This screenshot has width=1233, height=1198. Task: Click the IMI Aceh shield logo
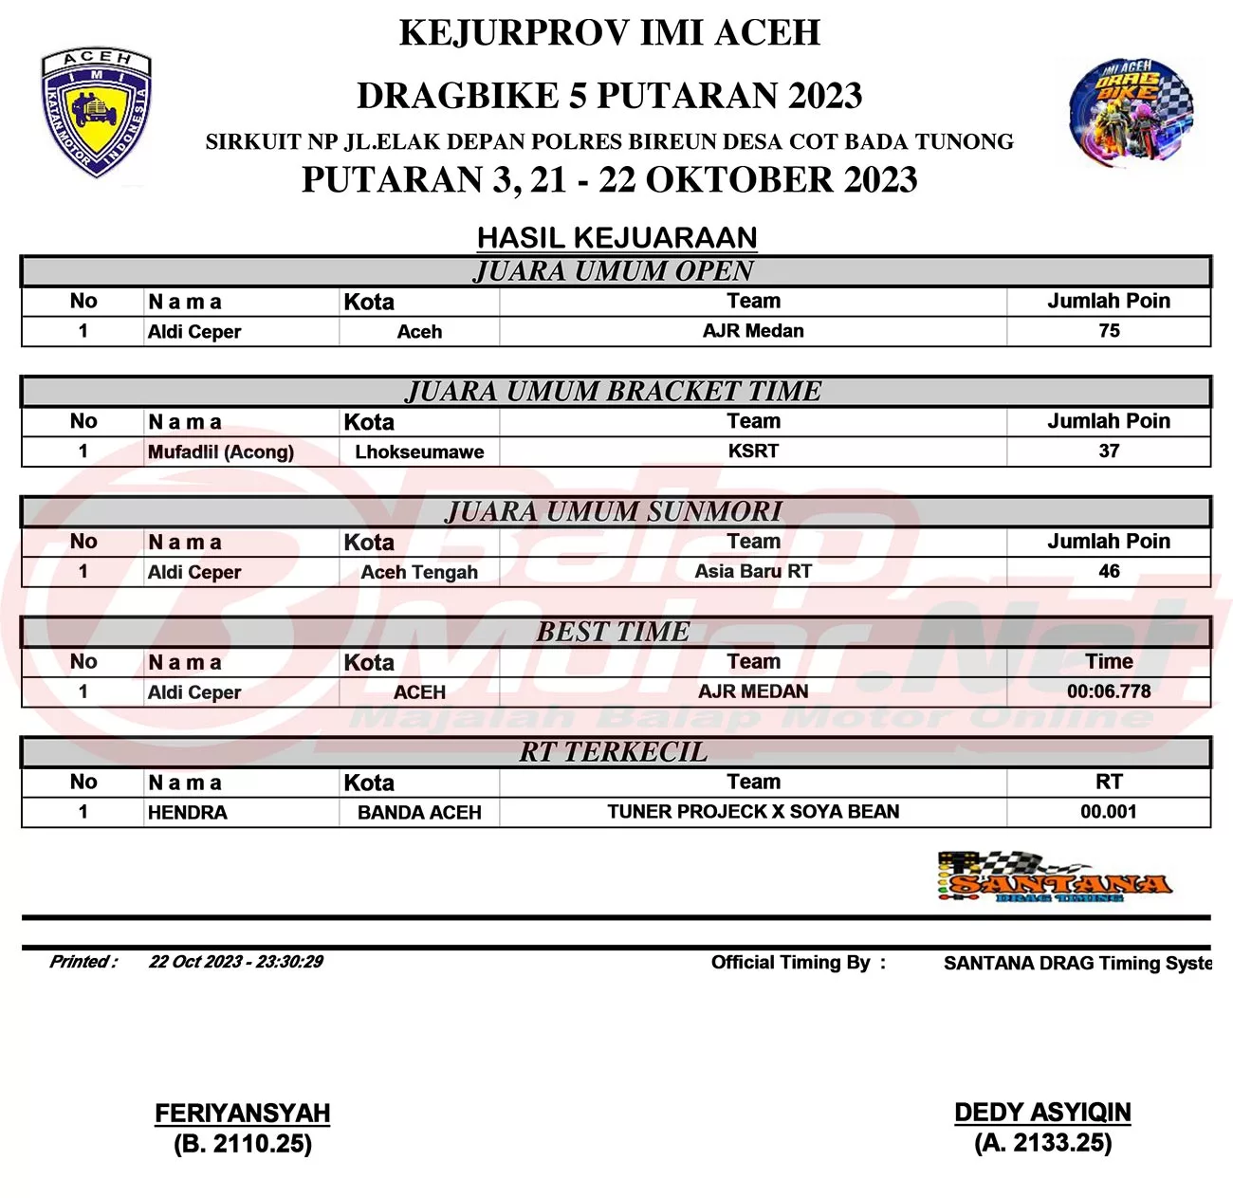point(96,112)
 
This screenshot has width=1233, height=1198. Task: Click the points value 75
point(1109,331)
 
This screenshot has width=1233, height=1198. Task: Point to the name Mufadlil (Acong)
point(221,452)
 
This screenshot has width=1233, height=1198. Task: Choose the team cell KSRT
point(753,452)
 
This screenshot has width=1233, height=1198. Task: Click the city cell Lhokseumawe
point(419,452)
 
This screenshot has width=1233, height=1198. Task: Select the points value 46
point(1109,572)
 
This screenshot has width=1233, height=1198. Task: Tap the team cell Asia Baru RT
point(753,572)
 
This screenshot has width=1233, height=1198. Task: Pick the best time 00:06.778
point(1109,691)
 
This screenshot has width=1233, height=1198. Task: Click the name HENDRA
point(188,813)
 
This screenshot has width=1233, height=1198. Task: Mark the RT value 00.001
point(1108,812)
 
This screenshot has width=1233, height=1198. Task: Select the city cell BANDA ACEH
point(419,813)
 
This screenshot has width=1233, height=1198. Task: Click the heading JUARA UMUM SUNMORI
point(615,512)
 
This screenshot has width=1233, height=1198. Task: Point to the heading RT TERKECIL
point(614,752)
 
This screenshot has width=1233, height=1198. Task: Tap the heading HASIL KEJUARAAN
point(616,237)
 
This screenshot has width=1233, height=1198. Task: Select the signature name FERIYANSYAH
point(243,1114)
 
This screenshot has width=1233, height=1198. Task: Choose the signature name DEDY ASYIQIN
point(1042,1113)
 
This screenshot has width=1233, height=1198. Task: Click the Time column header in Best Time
point(1109,662)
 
